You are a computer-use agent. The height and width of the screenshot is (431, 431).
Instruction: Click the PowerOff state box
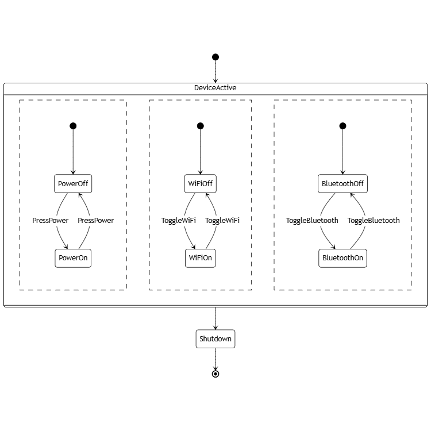[73, 184]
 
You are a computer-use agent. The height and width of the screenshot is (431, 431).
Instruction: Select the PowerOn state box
[73, 258]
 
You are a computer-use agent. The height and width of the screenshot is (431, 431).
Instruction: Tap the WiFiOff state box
[200, 184]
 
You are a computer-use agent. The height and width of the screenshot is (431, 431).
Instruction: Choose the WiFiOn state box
[200, 258]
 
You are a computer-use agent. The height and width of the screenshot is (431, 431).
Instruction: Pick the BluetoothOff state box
[343, 184]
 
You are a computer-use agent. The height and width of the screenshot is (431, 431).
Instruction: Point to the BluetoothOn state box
[343, 258]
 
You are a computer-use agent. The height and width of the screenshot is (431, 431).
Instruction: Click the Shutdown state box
[215, 339]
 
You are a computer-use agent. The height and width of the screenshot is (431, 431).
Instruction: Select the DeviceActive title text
[215, 88]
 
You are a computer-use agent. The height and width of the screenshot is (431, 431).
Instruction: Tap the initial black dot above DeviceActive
[215, 57]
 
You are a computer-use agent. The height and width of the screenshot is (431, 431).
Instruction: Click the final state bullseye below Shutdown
[215, 374]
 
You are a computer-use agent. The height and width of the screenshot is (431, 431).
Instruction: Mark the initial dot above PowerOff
[73, 126]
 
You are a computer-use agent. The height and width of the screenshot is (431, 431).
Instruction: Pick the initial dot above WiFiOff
[200, 126]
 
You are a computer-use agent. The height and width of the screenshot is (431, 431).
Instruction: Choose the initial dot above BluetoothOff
[343, 126]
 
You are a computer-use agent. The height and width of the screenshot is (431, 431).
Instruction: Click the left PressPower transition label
[50, 221]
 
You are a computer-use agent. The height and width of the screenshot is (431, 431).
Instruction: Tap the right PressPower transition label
[95, 221]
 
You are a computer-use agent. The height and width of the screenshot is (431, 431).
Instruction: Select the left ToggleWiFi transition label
[178, 221]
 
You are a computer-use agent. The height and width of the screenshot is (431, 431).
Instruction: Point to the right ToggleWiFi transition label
[222, 221]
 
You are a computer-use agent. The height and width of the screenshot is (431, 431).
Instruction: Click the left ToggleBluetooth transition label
[312, 221]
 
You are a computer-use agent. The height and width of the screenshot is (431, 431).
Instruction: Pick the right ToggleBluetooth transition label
[373, 221]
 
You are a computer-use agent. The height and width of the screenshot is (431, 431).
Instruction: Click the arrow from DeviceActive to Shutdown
[215, 319]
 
